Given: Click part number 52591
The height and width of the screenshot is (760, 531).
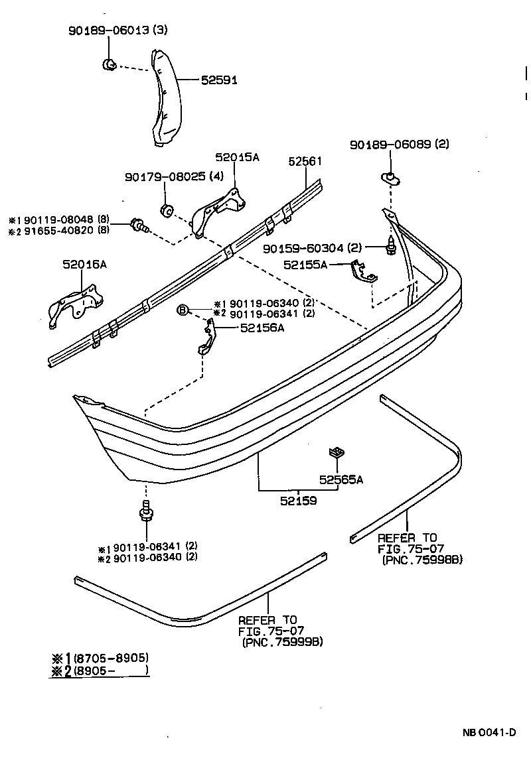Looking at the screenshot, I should coord(220,80).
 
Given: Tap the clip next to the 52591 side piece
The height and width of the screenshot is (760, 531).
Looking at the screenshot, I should coord(110,64).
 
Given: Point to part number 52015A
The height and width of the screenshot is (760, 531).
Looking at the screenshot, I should coord(236,157).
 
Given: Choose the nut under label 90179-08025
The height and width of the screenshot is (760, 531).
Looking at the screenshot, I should coord(167,210).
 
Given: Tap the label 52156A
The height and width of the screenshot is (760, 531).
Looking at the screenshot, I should coord(262,327).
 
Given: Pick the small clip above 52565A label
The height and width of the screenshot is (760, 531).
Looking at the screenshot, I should coord(337,454).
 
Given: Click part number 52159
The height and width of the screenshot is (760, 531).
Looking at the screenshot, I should coord(297,501).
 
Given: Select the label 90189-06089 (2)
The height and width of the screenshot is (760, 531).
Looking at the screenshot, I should coord(400,143).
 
